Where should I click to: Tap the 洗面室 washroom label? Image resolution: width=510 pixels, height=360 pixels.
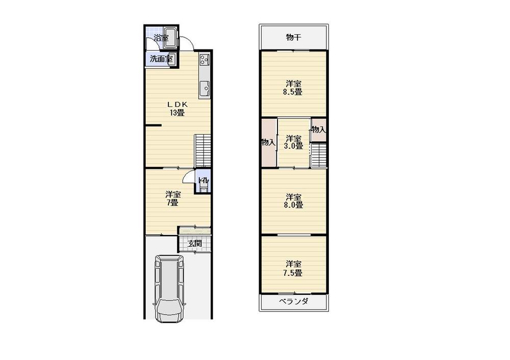pos(161,59)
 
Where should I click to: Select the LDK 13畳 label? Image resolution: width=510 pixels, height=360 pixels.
pos(177,109)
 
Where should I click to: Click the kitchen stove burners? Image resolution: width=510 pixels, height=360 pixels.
pos(205,60)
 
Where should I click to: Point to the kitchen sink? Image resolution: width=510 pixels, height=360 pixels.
pos(204,89)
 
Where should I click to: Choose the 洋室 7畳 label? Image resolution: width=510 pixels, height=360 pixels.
pos(172,198)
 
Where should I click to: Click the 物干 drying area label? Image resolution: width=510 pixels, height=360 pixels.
pos(293,37)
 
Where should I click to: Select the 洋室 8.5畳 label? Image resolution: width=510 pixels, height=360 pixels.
pos(293,88)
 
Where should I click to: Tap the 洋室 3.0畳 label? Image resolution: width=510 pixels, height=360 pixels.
pos(293,142)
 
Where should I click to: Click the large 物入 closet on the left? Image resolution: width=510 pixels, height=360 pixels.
pos(268,142)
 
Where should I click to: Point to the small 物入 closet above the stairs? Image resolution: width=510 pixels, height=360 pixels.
pos(319,130)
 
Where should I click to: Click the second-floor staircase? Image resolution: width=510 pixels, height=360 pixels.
pos(319,155)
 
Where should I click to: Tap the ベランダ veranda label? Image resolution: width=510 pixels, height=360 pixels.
pos(293,301)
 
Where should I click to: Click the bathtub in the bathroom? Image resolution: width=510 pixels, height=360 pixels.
pos(170,38)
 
